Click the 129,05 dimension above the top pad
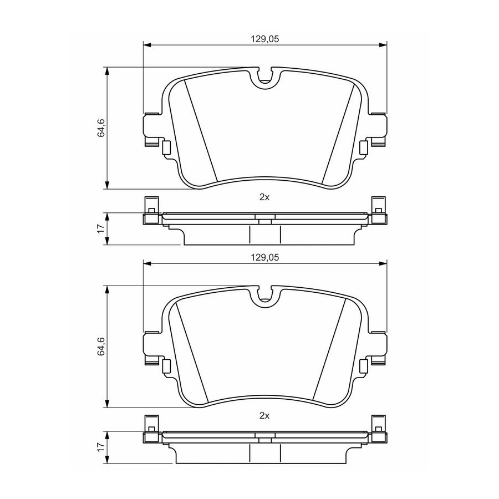[x=265, y=39]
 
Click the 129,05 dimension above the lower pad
[x=265, y=257]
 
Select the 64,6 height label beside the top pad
[x=101, y=128]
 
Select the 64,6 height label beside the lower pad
[x=101, y=346]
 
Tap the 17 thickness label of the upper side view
[x=100, y=229]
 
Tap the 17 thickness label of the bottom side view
[x=100, y=447]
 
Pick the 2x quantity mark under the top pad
[x=264, y=197]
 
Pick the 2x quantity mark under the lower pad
[x=264, y=416]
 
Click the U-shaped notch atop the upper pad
[x=265, y=83]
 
